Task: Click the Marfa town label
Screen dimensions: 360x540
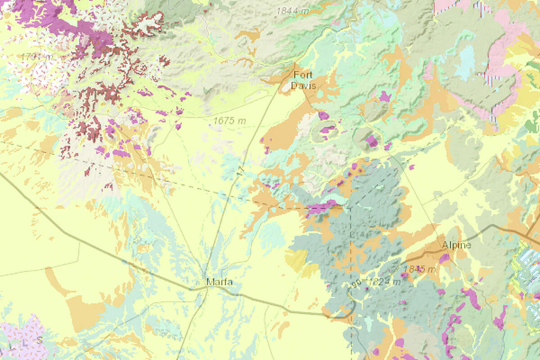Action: click(220, 283)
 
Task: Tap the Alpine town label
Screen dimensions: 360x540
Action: click(456, 245)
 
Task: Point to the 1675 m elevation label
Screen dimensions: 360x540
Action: click(229, 121)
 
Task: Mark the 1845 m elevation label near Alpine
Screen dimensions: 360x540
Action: click(419, 269)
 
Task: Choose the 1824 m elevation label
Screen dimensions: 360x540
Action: click(383, 282)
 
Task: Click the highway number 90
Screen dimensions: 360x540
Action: click(357, 283)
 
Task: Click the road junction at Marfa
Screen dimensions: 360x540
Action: click(206, 289)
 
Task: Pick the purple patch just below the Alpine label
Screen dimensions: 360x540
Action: click(444, 258)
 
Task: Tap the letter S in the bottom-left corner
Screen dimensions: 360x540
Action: click(40, 340)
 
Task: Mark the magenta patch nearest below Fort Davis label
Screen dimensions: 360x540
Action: click(323, 116)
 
